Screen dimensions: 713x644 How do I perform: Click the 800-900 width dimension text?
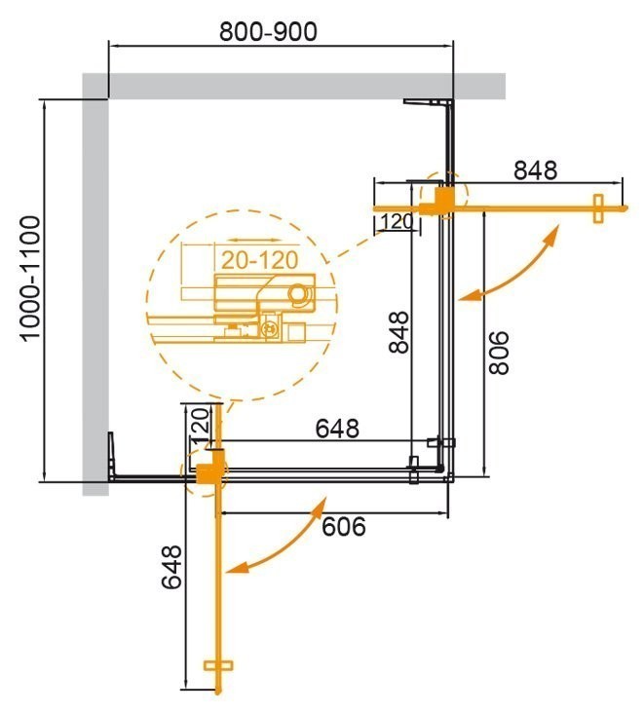[268, 31]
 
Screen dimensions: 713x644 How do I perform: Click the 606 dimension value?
[342, 526]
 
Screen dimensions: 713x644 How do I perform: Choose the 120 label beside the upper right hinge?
[397, 222]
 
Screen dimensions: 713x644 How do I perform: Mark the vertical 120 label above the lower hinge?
[199, 426]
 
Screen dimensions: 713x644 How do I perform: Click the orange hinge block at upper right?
[436, 201]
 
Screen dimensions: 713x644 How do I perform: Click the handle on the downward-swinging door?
[220, 668]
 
